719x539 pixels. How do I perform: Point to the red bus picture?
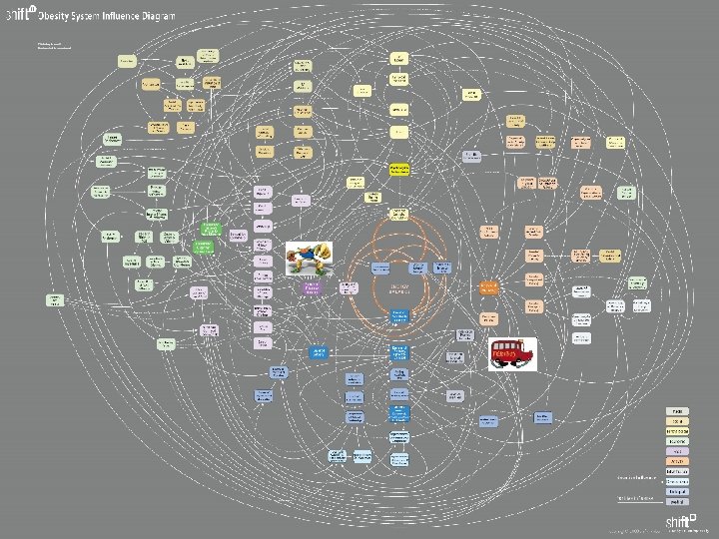pyautogui.click(x=512, y=353)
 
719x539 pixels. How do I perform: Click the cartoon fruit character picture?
pyautogui.click(x=310, y=259)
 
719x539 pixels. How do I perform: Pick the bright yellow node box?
pyautogui.click(x=399, y=171)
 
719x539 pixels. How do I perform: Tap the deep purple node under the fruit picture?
pyautogui.click(x=313, y=288)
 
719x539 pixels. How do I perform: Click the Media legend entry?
pyautogui.click(x=677, y=411)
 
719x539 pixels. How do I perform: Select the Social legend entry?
pyautogui.click(x=677, y=421)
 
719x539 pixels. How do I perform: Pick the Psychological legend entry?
pyautogui.click(x=677, y=431)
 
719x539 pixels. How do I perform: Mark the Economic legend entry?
pyautogui.click(x=677, y=441)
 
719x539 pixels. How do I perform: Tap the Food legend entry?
pyautogui.click(x=677, y=451)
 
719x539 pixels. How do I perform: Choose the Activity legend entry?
pyautogui.click(x=677, y=461)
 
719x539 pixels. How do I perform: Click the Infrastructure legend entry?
pyautogui.click(x=677, y=471)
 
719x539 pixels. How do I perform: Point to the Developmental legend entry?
pyautogui.click(x=677, y=481)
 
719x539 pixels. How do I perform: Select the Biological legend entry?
pyautogui.click(x=677, y=491)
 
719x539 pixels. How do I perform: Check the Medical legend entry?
pyautogui.click(x=677, y=501)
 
